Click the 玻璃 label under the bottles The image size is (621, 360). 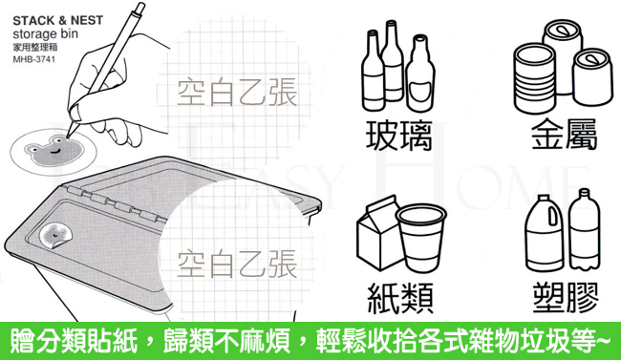pyautogui.click(x=398, y=136)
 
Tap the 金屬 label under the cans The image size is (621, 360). pyautogui.click(x=564, y=135)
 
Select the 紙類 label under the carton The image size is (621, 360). pyautogui.click(x=400, y=298)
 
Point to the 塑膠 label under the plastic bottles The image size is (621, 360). pyautogui.click(x=566, y=297)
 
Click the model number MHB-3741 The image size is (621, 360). pyautogui.click(x=34, y=59)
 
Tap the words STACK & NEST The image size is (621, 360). pyautogui.click(x=58, y=20)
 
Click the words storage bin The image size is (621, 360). pyautogui.click(x=45, y=33)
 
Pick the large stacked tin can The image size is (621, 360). pyautogui.click(x=534, y=77)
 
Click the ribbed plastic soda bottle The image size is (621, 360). pyautogui.click(x=585, y=229)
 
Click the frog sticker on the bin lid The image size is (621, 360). pyautogui.click(x=54, y=236)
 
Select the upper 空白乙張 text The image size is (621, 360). pyautogui.click(x=237, y=93)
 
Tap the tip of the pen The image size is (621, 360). pyautogui.click(x=68, y=137)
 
